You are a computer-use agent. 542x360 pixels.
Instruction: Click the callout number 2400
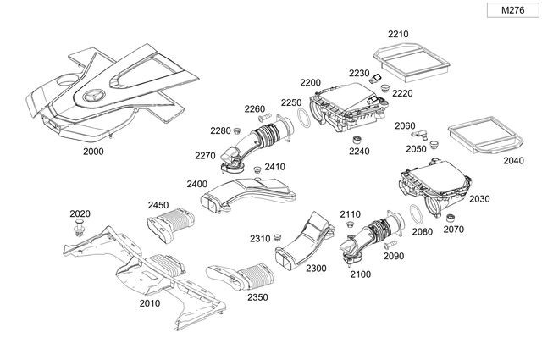pos(197,184)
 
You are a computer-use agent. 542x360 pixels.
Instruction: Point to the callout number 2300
pos(316,268)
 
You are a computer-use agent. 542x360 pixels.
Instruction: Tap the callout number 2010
pos(149,302)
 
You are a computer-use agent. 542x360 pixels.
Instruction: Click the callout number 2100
pos(360,275)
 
